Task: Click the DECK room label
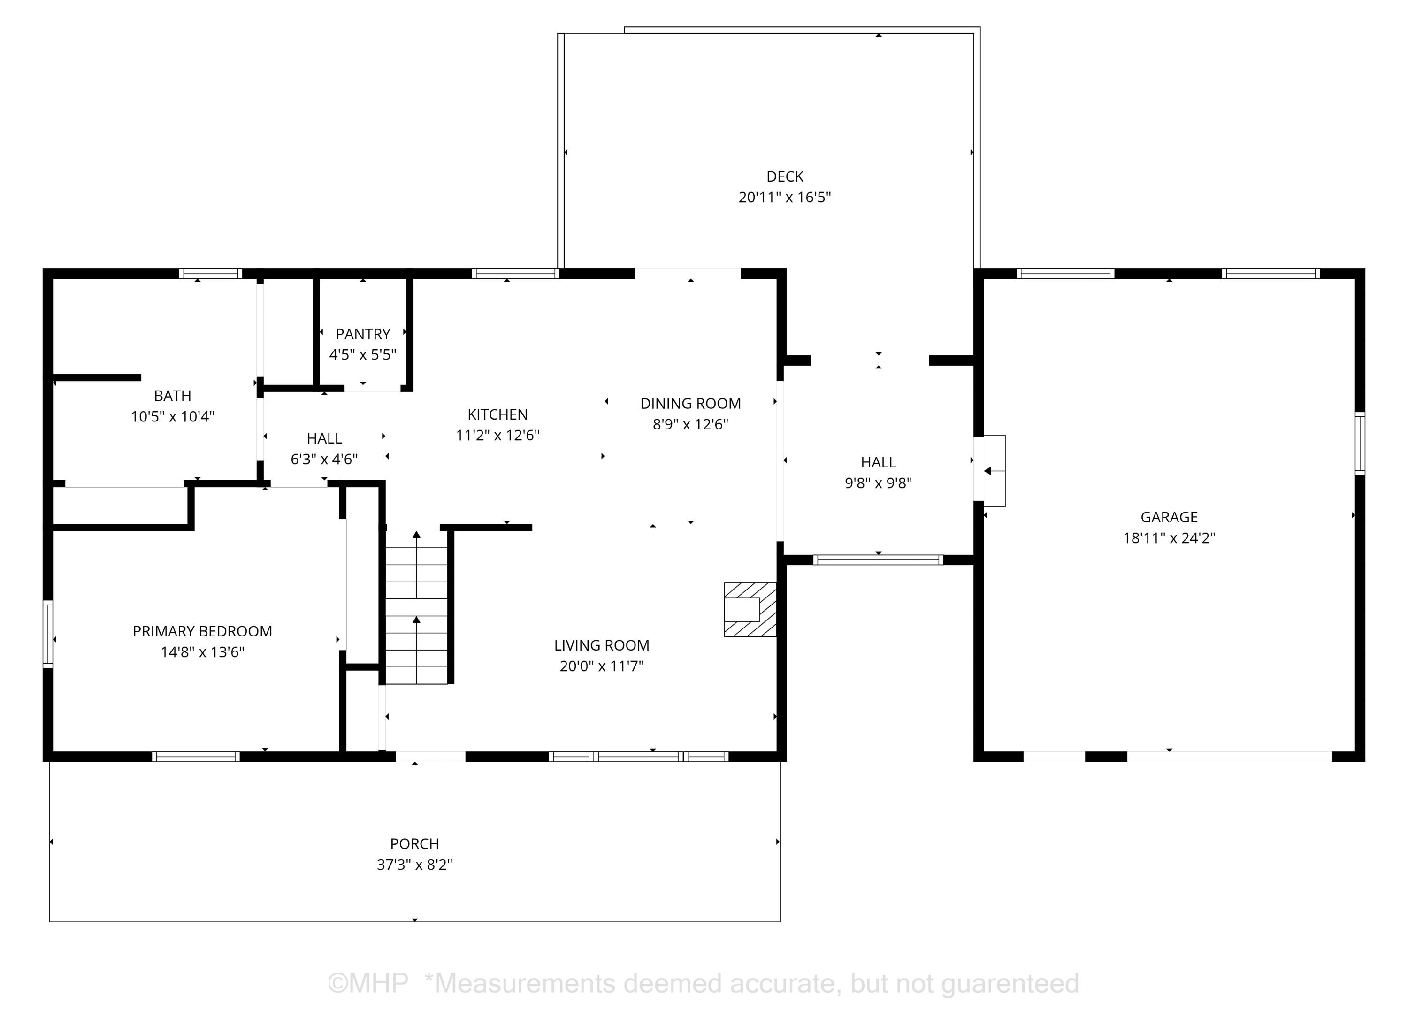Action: [785, 176]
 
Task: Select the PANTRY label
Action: [362, 334]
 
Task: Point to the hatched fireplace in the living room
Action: [750, 609]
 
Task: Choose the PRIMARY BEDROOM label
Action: [202, 631]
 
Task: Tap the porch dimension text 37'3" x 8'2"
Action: [415, 865]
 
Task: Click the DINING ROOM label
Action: [690, 404]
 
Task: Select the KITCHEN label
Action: [497, 414]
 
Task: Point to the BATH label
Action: [173, 396]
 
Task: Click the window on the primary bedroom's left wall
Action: [48, 634]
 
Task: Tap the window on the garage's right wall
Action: [1360, 444]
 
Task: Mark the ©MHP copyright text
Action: [367, 984]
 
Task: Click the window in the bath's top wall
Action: [210, 273]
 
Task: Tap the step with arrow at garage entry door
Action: [994, 471]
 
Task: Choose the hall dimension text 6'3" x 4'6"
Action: [324, 459]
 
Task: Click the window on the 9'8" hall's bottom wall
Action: [878, 559]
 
